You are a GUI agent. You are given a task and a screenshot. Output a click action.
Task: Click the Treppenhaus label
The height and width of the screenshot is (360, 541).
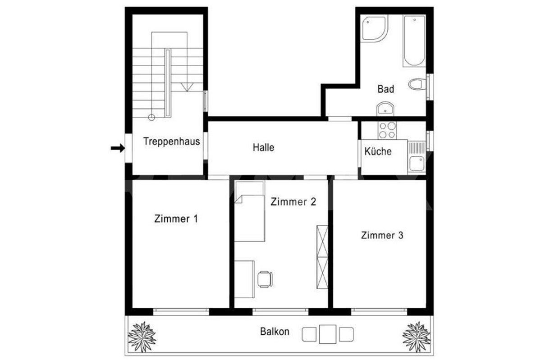pyautogui.click(x=171, y=141)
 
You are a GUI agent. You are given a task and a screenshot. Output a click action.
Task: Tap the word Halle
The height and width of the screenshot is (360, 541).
pyautogui.click(x=263, y=147)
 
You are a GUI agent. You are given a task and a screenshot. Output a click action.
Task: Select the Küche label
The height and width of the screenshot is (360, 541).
pyautogui.click(x=378, y=151)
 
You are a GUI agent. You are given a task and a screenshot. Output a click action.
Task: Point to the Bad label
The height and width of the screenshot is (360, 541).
pyautogui.click(x=386, y=89)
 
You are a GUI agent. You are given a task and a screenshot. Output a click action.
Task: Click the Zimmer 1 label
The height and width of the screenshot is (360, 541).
pyautogui.click(x=176, y=219)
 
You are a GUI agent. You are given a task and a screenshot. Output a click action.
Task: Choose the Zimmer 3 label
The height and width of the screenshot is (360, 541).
pyautogui.click(x=382, y=235)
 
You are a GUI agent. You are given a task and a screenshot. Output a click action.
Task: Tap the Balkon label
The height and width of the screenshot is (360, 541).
pyautogui.click(x=275, y=332)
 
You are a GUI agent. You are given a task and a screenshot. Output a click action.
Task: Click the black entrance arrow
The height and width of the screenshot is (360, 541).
pyautogui.click(x=118, y=148)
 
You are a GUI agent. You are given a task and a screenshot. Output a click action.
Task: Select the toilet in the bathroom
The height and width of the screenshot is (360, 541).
pyautogui.click(x=417, y=84)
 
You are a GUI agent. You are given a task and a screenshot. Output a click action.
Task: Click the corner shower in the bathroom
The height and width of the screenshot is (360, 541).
pyautogui.click(x=374, y=28)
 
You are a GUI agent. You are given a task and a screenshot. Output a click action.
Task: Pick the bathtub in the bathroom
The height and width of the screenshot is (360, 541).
pyautogui.click(x=414, y=41)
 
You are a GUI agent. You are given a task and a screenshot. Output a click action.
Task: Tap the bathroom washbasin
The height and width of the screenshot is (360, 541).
pyautogui.click(x=385, y=109)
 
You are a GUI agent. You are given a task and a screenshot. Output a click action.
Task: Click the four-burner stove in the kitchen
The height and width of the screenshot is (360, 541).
pyautogui.click(x=387, y=130)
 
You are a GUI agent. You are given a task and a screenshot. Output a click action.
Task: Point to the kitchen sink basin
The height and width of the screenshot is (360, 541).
pyautogui.click(x=417, y=164)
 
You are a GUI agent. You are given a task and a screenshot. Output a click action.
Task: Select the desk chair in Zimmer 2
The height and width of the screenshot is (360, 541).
pyautogui.click(x=265, y=279)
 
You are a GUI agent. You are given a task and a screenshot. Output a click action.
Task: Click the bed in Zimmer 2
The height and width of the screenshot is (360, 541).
pyautogui.click(x=249, y=211)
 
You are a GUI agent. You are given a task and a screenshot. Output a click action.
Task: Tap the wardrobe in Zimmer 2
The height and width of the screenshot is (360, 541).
pyautogui.click(x=322, y=257)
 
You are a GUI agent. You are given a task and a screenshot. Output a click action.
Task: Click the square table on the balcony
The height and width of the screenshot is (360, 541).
pyautogui.click(x=328, y=334)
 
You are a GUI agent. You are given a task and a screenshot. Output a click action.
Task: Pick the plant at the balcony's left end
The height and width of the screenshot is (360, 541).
pyautogui.click(x=142, y=337)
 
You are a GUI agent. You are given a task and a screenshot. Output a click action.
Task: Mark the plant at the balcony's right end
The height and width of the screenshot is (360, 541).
pyautogui.click(x=417, y=337)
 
